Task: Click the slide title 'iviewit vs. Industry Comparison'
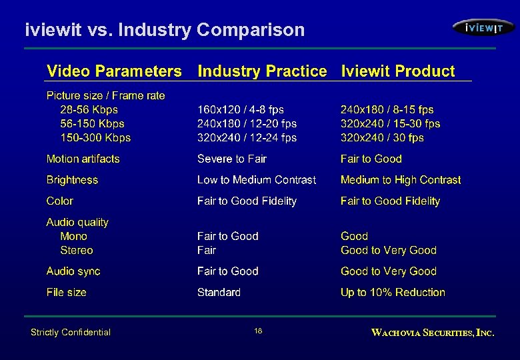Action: [x=165, y=30]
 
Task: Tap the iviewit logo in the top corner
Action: [x=483, y=27]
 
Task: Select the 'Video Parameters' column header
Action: [x=114, y=71]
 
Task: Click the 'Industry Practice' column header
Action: [x=263, y=71]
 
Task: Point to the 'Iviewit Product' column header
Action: [x=398, y=71]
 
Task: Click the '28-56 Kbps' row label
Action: [x=89, y=110]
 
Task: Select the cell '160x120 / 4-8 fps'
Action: [x=241, y=110]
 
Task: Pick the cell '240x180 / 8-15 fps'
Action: [x=387, y=110]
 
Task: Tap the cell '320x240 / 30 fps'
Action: [x=382, y=138]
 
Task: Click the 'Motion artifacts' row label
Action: [x=83, y=159]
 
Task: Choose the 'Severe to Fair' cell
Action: [x=232, y=159]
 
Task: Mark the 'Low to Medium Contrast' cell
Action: [x=257, y=180]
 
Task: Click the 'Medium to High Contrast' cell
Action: [x=401, y=180]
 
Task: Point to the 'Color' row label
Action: [x=60, y=201]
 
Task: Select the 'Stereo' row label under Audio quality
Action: [x=77, y=251]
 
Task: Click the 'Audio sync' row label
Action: [x=73, y=271]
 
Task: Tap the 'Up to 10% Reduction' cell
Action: [x=393, y=293]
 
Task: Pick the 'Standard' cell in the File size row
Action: [x=219, y=293]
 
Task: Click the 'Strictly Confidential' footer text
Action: [x=71, y=332]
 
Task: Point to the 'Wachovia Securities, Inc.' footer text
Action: [x=433, y=332]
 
